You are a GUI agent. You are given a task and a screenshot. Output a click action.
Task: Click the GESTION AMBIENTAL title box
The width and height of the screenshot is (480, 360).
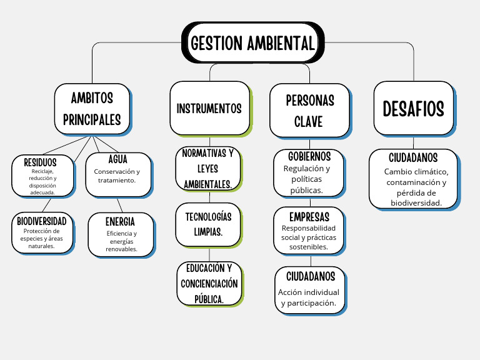(x=252, y=42)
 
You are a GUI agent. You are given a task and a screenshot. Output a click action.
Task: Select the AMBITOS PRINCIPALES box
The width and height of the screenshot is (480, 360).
(x=92, y=109)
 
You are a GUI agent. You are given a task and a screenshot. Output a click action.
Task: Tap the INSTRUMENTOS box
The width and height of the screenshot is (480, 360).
(x=209, y=108)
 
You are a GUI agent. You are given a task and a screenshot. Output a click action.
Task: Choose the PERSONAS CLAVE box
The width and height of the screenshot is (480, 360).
(x=309, y=110)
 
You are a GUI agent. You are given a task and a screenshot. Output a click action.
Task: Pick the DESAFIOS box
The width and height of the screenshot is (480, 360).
(x=413, y=108)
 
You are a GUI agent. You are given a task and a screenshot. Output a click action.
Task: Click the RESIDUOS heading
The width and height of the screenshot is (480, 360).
(x=41, y=162)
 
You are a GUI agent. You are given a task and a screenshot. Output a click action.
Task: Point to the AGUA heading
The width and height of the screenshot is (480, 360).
(x=117, y=159)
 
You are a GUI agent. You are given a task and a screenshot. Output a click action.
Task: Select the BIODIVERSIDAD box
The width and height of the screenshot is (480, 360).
(x=41, y=232)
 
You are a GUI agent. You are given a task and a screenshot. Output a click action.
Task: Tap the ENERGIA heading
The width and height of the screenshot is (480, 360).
(x=121, y=222)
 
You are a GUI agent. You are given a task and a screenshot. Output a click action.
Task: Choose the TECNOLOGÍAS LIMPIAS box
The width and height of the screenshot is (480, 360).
(x=208, y=224)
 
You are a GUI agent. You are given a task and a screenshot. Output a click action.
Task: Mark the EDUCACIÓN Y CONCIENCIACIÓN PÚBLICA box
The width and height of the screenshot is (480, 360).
(x=209, y=284)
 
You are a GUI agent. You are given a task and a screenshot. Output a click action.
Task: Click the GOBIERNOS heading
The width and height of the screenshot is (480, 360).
(x=309, y=156)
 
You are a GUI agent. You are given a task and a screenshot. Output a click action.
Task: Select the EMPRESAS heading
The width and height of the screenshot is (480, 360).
(x=309, y=217)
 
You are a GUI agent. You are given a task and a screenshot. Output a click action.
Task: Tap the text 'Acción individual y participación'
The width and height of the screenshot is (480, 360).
(x=309, y=297)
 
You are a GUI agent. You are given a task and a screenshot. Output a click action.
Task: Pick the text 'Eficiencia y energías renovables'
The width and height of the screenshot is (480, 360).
(x=121, y=241)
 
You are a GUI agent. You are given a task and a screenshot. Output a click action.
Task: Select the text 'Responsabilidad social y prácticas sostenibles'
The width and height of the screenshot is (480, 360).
(x=309, y=237)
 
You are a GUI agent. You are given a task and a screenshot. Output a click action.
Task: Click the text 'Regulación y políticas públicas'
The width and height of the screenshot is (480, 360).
(x=307, y=179)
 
